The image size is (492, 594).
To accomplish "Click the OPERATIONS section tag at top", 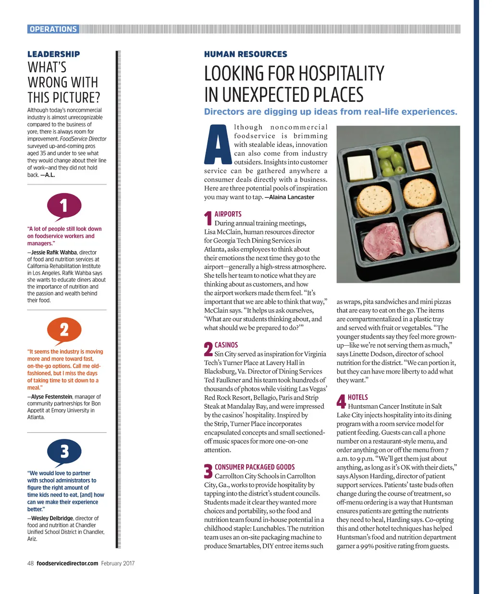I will pos(53,29).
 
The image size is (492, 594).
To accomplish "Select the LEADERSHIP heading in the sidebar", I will pos(54,54).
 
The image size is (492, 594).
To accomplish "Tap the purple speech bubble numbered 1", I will pos(64,206).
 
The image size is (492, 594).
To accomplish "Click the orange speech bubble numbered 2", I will pos(64,330).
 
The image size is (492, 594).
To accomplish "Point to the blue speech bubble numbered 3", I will pos(64,452).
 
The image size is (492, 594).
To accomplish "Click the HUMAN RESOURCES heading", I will pos(246,54).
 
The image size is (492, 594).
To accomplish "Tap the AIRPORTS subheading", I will pos(228,214).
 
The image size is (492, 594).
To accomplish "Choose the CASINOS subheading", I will pos(226,345).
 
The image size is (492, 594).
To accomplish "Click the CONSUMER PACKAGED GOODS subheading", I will pos(255,467).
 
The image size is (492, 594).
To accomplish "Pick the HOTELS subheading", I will pos(357,398).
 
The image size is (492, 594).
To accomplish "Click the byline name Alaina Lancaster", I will pos(292,197).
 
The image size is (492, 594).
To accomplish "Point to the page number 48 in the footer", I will pos(30,563).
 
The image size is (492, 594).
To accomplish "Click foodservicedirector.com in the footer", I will pos(67,563).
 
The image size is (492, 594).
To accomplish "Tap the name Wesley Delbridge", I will pos(52,519).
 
